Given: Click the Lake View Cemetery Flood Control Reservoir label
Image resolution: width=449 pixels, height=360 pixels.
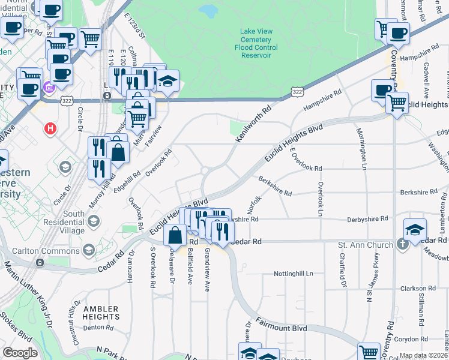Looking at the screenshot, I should click(x=256, y=43).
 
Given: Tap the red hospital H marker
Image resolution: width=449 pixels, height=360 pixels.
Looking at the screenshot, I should click(x=51, y=128).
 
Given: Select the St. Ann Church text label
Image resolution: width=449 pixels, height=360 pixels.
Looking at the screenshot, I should click(x=366, y=245).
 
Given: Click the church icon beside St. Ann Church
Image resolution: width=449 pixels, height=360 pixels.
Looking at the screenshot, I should click(x=402, y=244).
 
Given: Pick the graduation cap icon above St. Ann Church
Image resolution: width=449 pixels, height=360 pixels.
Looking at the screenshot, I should click(x=414, y=230).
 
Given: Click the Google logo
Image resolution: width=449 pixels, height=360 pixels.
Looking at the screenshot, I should click(x=20, y=353).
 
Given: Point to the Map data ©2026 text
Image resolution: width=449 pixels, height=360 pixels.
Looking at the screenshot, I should click(x=423, y=355).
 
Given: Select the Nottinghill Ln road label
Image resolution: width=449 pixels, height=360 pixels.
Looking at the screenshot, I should click(x=294, y=273).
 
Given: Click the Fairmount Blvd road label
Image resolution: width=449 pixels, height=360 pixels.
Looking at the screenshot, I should click(x=283, y=328).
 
